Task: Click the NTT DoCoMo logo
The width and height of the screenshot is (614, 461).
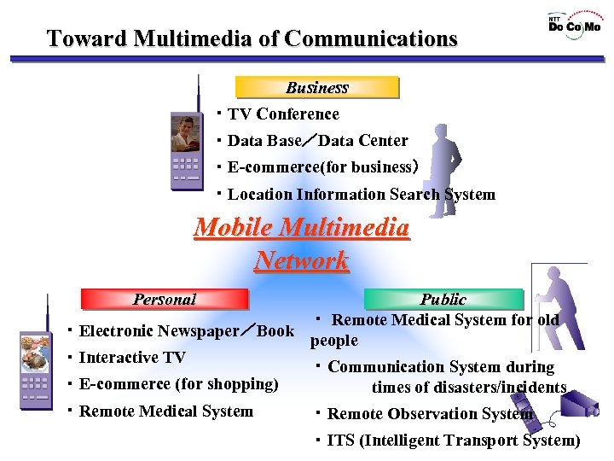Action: click(x=574, y=24)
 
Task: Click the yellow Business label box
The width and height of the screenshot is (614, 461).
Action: click(x=316, y=87)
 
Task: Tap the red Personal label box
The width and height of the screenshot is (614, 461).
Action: click(x=164, y=299)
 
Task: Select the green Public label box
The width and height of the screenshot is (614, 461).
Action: click(x=443, y=299)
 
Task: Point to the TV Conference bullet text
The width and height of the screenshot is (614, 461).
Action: click(x=283, y=114)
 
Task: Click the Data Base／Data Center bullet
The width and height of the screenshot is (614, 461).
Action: click(x=317, y=140)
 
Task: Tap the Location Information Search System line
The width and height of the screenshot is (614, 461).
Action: click(x=361, y=194)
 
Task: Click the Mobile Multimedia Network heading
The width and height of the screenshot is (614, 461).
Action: click(x=302, y=244)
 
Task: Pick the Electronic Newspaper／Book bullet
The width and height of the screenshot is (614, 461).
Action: click(x=185, y=330)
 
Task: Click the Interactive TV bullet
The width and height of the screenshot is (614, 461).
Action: click(x=131, y=357)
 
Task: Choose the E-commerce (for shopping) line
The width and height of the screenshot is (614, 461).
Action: click(x=177, y=383)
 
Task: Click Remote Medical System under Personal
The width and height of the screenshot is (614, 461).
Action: click(x=165, y=411)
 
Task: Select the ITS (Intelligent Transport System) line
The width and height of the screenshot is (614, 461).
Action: click(x=452, y=440)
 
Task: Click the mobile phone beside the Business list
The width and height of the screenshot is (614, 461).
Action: click(x=186, y=141)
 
